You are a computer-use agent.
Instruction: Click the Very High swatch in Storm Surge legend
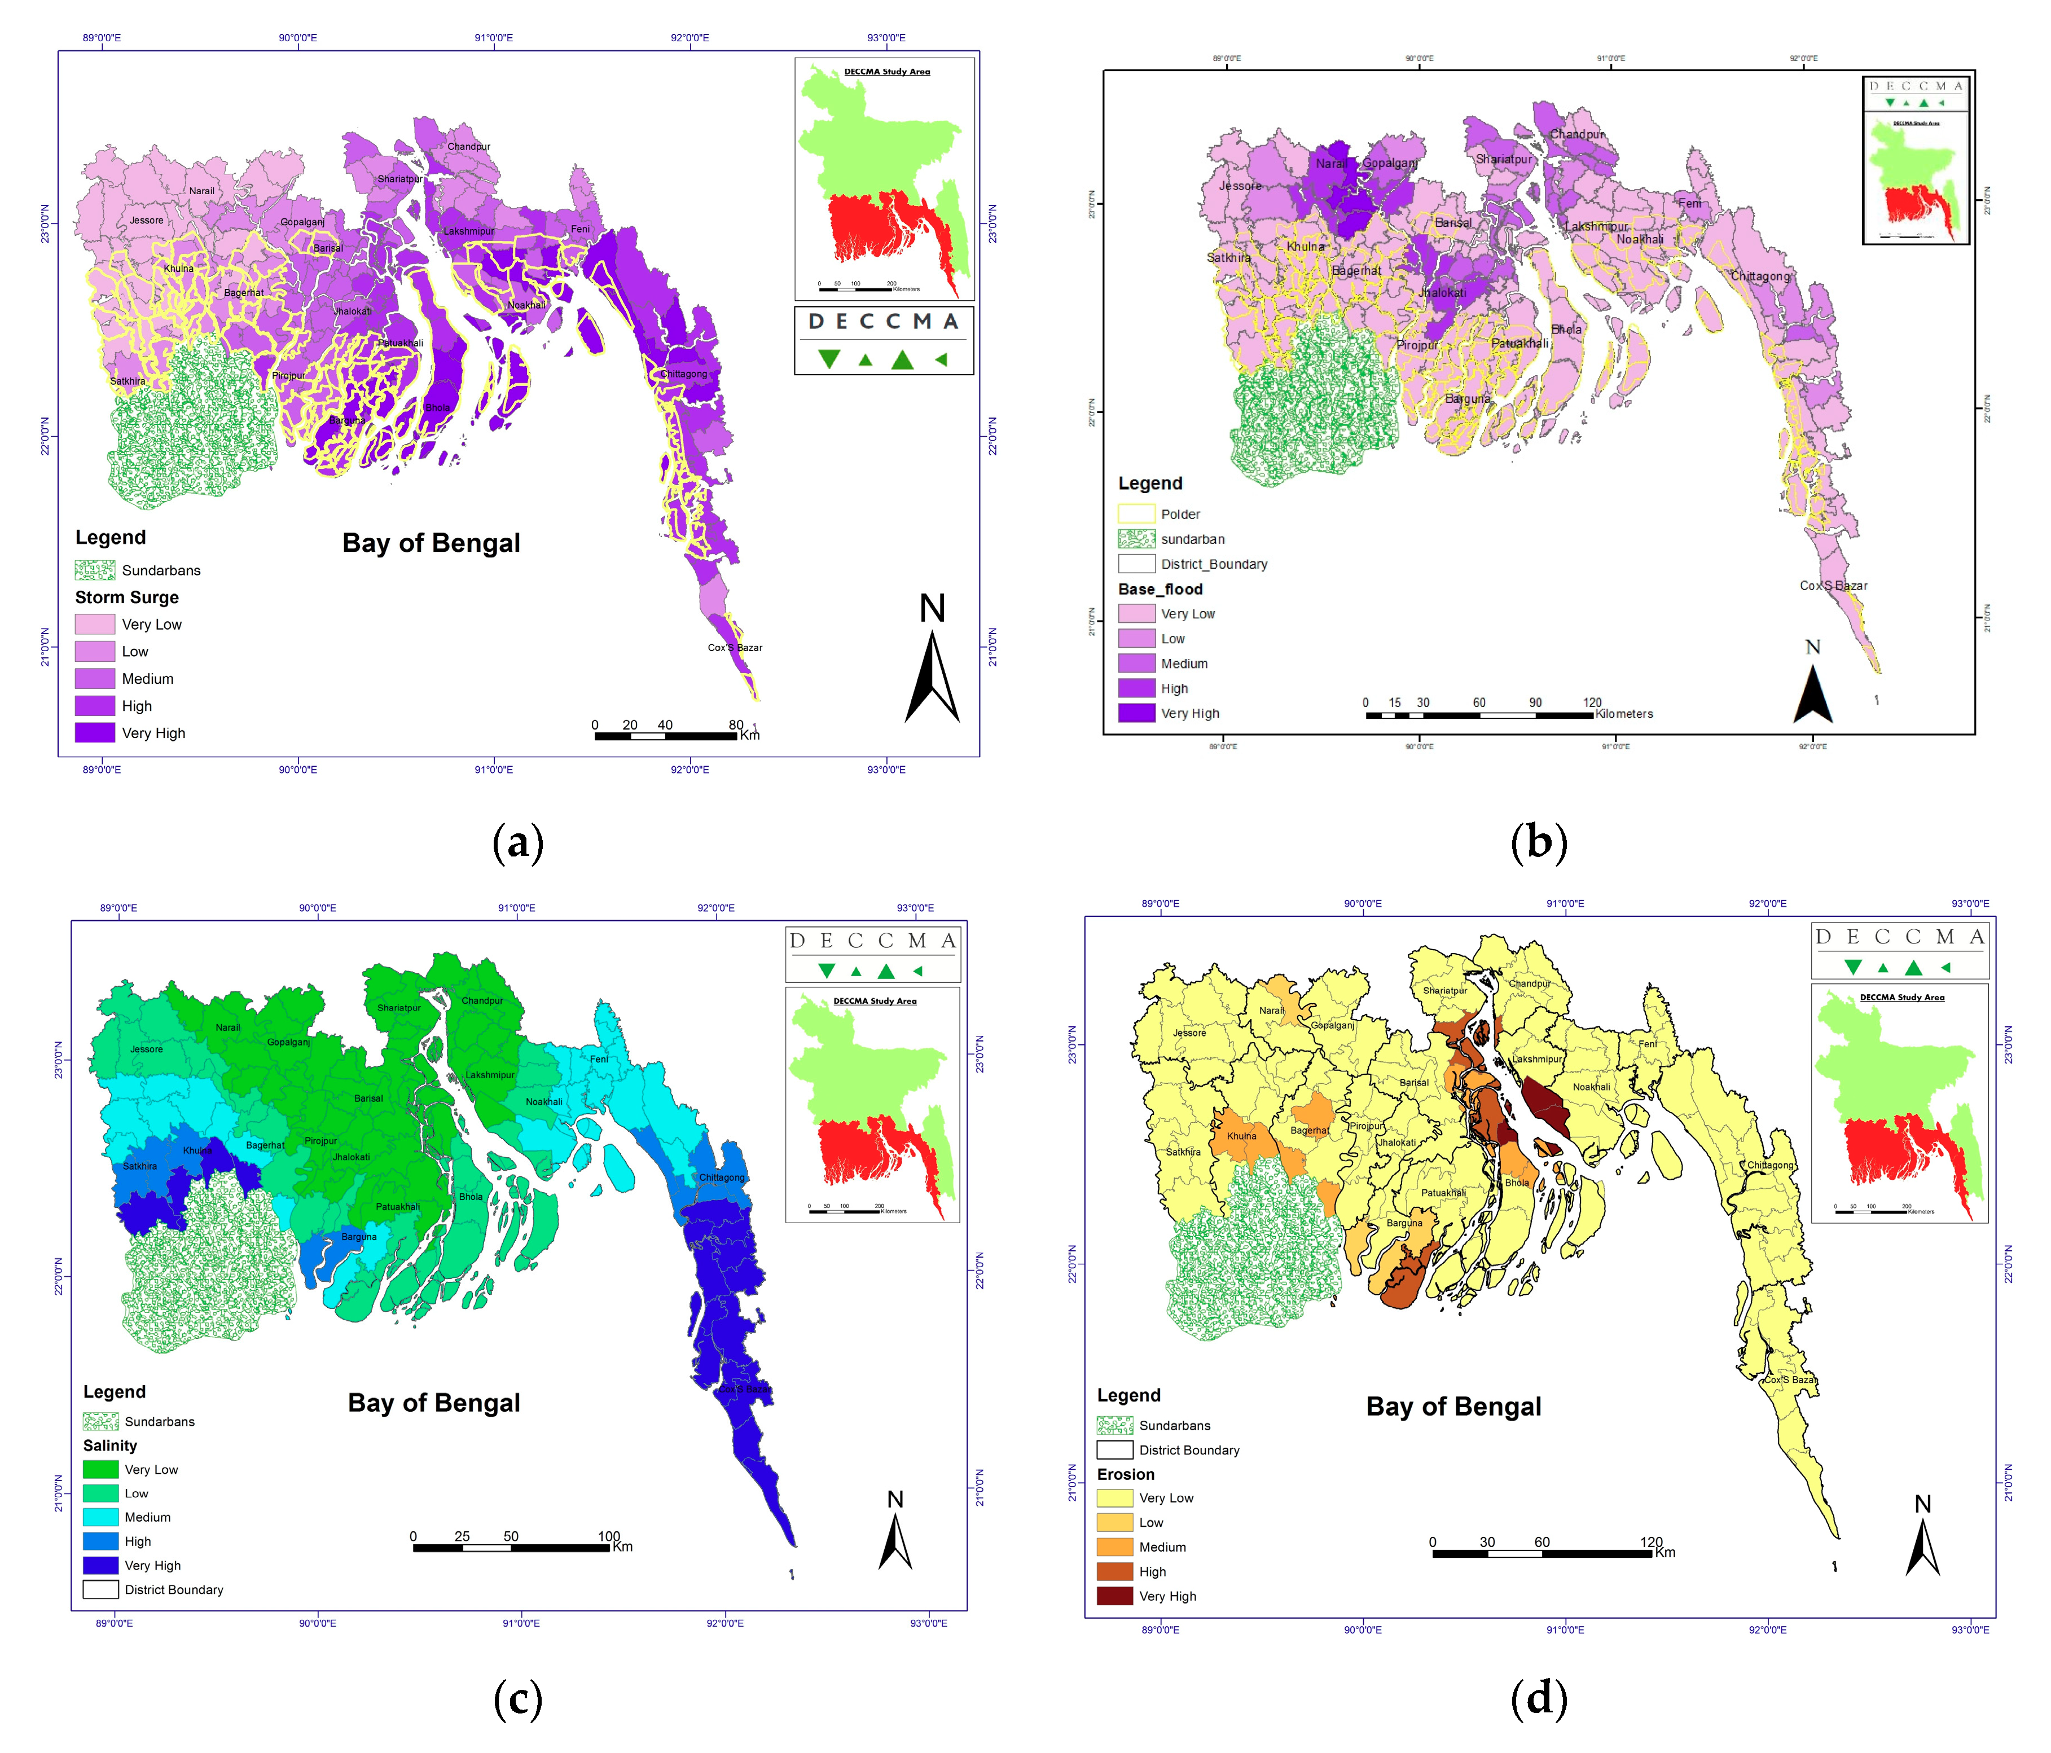pos(94,732)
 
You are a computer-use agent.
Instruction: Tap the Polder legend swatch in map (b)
pos(1136,514)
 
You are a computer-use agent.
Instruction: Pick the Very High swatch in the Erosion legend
pos(1114,1596)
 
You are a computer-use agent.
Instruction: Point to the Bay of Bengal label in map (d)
pos(1453,1407)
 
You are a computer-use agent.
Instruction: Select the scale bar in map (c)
pos(511,1546)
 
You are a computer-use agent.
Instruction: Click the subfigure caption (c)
pos(518,1699)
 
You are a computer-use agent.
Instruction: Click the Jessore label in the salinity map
pos(147,1049)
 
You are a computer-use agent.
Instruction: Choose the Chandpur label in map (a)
pos(468,147)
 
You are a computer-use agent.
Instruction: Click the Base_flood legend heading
pos(1160,589)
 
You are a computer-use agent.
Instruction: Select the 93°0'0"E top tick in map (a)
pos(886,38)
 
